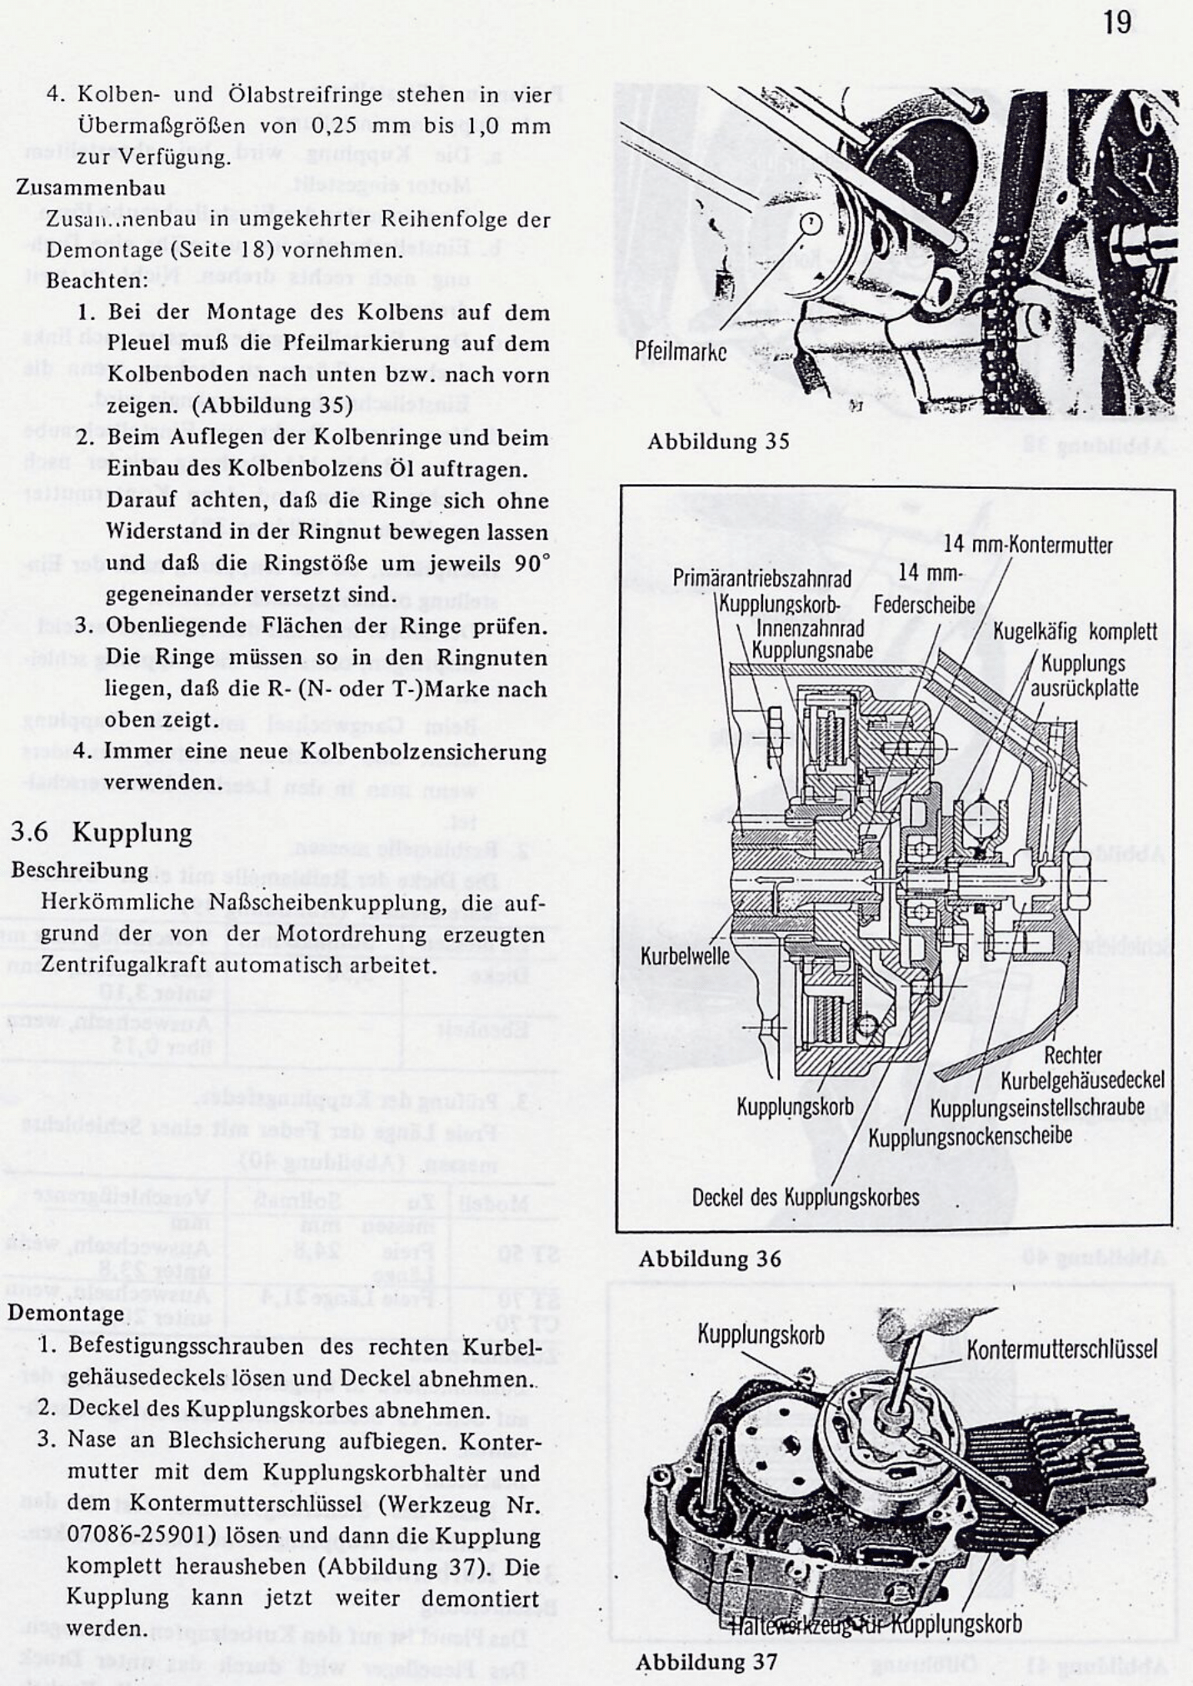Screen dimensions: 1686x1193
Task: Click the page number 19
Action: [1117, 22]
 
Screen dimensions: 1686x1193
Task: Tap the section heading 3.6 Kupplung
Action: [102, 832]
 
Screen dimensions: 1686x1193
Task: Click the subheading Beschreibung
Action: [80, 870]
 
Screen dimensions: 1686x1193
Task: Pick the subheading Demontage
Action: [66, 1314]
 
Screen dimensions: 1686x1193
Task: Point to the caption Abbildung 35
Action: [717, 441]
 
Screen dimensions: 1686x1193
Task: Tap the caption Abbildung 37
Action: [706, 1662]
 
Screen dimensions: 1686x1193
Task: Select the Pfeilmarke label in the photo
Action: [680, 352]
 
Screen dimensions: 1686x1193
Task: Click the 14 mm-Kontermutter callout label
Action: [1028, 546]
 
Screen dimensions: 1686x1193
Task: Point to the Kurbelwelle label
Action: [685, 955]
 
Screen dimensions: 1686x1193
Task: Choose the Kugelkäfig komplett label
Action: [1075, 631]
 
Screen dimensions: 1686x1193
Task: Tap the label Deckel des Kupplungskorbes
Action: [806, 1197]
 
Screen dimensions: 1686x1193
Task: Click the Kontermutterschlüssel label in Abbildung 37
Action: [1061, 1349]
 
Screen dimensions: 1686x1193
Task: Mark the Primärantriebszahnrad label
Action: [762, 578]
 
